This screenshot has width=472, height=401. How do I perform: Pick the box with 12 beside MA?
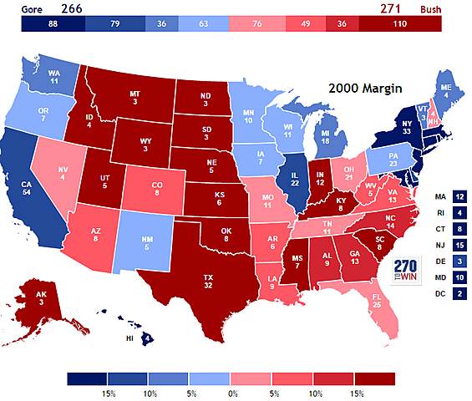point(459,197)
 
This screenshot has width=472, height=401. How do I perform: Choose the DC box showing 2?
point(459,292)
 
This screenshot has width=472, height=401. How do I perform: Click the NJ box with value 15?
point(459,245)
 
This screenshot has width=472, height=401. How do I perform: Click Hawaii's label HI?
point(129,338)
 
